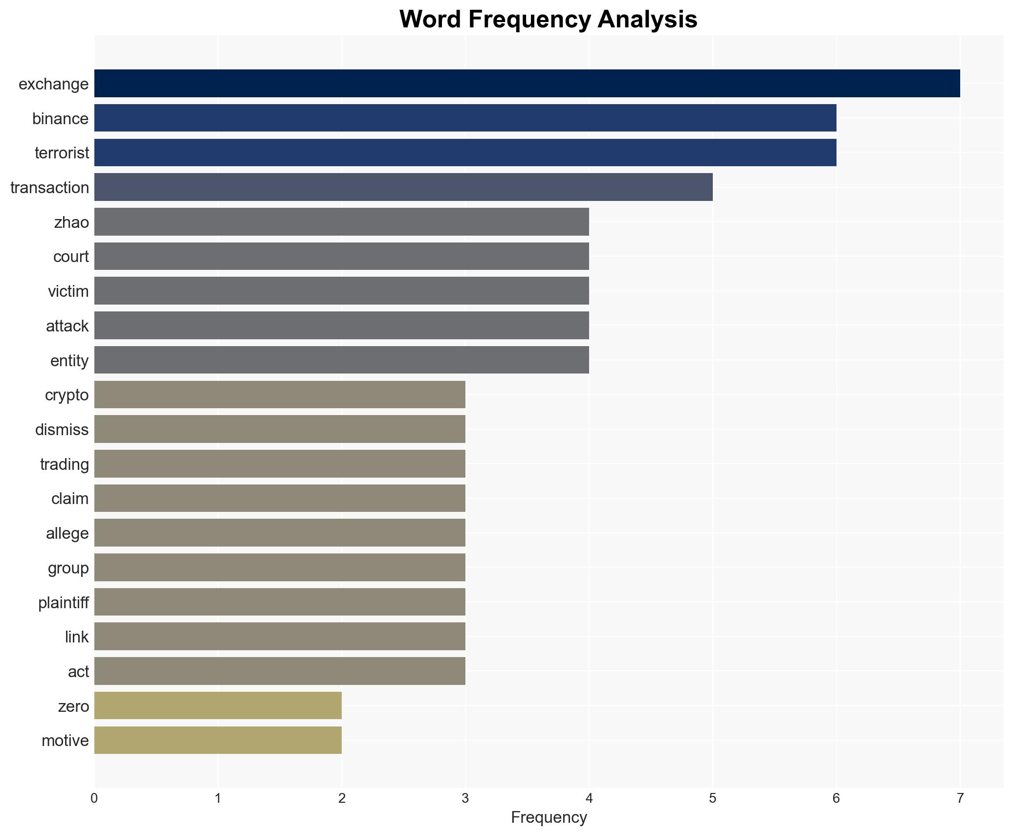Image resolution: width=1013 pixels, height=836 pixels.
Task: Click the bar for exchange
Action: coord(527,84)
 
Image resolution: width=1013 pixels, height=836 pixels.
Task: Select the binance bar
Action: coord(465,118)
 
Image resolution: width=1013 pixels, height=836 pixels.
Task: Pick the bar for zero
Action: coord(218,705)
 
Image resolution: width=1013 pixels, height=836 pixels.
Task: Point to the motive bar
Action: coord(218,740)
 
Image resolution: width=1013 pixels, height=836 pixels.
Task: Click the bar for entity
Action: coord(341,360)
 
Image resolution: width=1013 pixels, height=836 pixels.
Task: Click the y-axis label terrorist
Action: coord(62,153)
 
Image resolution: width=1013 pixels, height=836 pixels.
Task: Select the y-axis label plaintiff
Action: coord(64,602)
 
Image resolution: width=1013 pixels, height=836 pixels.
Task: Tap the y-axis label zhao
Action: coord(71,222)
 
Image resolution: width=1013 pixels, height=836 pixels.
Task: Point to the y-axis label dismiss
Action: coord(62,430)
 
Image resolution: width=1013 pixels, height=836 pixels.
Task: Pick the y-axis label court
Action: coord(71,257)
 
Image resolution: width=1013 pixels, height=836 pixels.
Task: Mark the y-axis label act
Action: coord(78,672)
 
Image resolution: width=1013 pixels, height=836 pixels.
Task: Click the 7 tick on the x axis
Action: coord(960,799)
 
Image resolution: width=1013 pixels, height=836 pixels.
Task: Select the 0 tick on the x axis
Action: coord(94,799)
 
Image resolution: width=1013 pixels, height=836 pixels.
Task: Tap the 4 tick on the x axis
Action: coord(589,799)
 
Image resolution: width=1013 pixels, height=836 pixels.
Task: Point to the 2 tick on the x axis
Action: coord(341,799)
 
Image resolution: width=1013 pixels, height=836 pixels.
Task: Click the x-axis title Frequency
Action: coord(549,817)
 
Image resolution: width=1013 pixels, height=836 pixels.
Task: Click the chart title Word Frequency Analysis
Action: coord(548,20)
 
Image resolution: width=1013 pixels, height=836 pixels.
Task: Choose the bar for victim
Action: coord(341,291)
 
